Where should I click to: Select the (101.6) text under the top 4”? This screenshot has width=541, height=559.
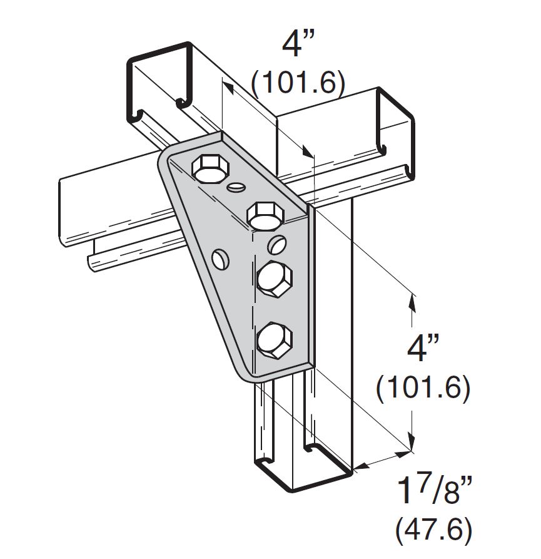click(x=298, y=83)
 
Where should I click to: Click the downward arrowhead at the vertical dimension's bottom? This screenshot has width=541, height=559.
click(x=411, y=444)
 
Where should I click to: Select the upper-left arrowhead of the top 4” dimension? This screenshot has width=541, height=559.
click(x=228, y=89)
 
